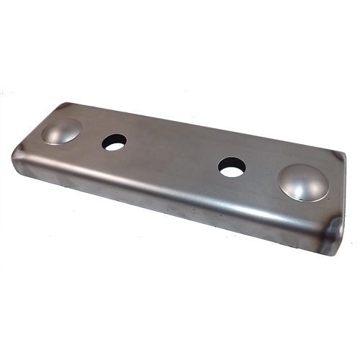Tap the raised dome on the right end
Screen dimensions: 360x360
click(x=303, y=181)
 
